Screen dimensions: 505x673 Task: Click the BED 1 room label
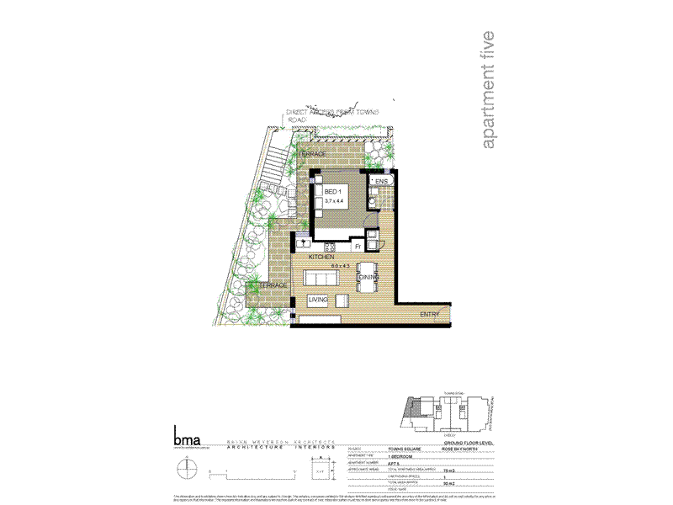(333, 191)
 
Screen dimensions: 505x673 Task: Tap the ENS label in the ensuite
(381, 181)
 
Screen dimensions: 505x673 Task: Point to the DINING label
(368, 277)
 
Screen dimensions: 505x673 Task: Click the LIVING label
(317, 299)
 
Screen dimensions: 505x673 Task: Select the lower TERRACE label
(273, 286)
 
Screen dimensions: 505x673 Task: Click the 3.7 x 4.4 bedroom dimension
(336, 201)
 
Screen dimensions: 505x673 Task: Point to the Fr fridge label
(358, 246)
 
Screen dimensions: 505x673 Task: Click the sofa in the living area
(319, 279)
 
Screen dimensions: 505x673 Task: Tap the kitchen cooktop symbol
(331, 246)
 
